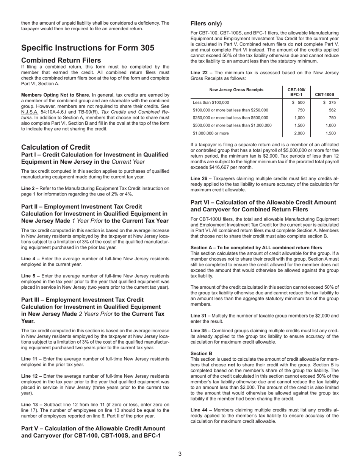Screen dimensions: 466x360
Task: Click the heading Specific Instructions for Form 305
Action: [x=88, y=48]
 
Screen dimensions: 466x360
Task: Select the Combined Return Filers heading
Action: [x=61, y=60]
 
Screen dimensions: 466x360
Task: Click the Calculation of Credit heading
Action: [x=56, y=147]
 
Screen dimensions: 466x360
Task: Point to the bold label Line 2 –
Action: [x=30, y=188]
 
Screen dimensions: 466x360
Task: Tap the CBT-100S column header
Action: [x=324, y=95]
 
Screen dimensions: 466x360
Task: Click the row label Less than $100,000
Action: [x=211, y=103]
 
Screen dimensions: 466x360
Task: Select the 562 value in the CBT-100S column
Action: [x=332, y=110]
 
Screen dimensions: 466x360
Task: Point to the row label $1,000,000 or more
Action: [x=211, y=133]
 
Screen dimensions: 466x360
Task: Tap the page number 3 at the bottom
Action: [x=180, y=454]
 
